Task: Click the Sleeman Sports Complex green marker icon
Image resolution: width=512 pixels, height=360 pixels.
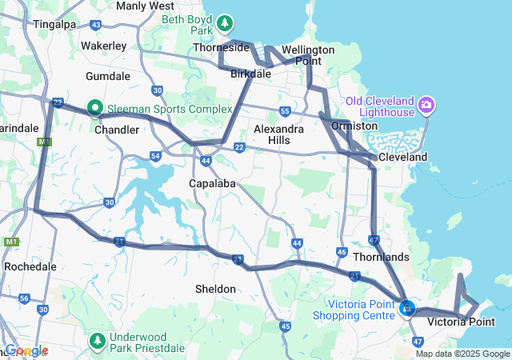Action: pyautogui.click(x=94, y=106)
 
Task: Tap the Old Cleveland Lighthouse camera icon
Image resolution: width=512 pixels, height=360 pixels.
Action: pyautogui.click(x=426, y=104)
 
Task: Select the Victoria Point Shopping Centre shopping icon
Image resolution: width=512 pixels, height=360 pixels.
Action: pyautogui.click(x=407, y=307)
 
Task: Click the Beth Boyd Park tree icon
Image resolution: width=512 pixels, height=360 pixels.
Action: pyautogui.click(x=226, y=22)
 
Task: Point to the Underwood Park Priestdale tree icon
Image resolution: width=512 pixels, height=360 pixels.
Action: pyautogui.click(x=98, y=342)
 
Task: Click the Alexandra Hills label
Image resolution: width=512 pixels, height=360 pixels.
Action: pyautogui.click(x=278, y=134)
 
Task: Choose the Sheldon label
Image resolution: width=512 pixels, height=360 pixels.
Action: pyautogui.click(x=216, y=288)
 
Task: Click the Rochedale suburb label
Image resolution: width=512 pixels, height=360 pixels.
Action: pyautogui.click(x=30, y=266)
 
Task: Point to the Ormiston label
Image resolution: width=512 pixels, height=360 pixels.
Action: pyautogui.click(x=354, y=126)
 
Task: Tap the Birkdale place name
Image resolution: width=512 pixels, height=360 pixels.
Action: pyautogui.click(x=251, y=74)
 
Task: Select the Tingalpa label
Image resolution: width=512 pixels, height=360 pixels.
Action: pyautogui.click(x=54, y=24)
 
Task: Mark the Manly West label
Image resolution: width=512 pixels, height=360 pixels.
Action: pyautogui.click(x=145, y=6)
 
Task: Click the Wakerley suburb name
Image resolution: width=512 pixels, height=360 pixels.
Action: pyautogui.click(x=103, y=46)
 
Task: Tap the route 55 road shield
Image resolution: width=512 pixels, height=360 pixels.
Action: pyautogui.click(x=285, y=111)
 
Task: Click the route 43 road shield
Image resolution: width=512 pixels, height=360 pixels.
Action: pyautogui.click(x=96, y=25)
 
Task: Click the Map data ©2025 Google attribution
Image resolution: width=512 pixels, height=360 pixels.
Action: pyautogui.click(x=462, y=354)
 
